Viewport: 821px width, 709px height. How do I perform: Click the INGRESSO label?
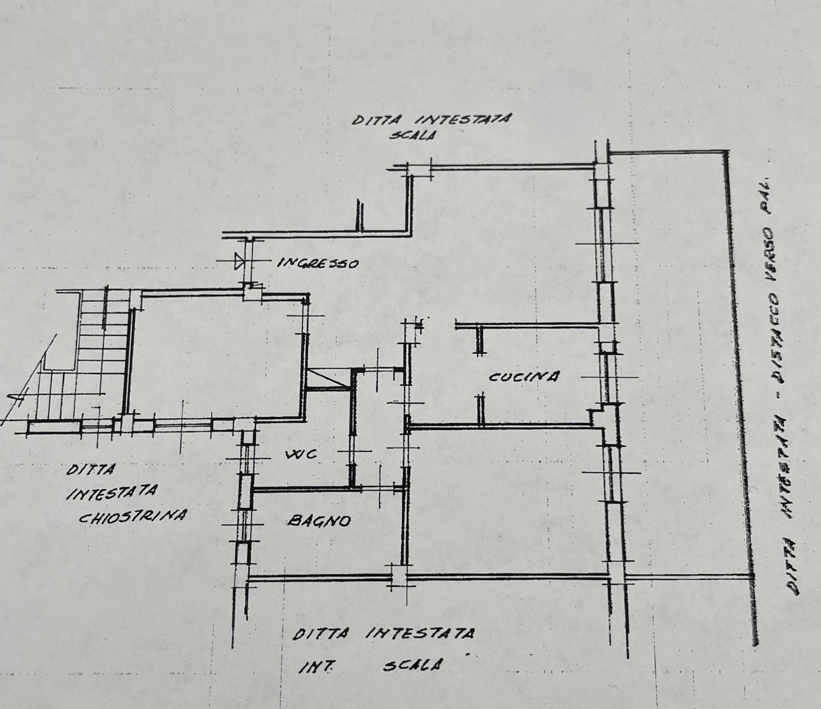point(318,263)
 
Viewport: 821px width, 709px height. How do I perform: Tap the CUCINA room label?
point(524,377)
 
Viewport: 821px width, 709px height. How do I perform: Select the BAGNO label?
point(319,521)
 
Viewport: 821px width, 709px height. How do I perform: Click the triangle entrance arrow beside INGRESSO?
point(239,261)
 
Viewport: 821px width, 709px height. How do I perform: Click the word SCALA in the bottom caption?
point(411,665)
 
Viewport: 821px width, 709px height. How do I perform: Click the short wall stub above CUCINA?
point(480,339)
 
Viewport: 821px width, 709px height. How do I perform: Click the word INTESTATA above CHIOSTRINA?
point(112,492)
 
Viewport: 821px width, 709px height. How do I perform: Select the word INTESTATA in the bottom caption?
point(420,633)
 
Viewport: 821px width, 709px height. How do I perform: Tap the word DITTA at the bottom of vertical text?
point(793,567)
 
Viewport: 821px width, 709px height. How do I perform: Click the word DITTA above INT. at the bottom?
point(321,634)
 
